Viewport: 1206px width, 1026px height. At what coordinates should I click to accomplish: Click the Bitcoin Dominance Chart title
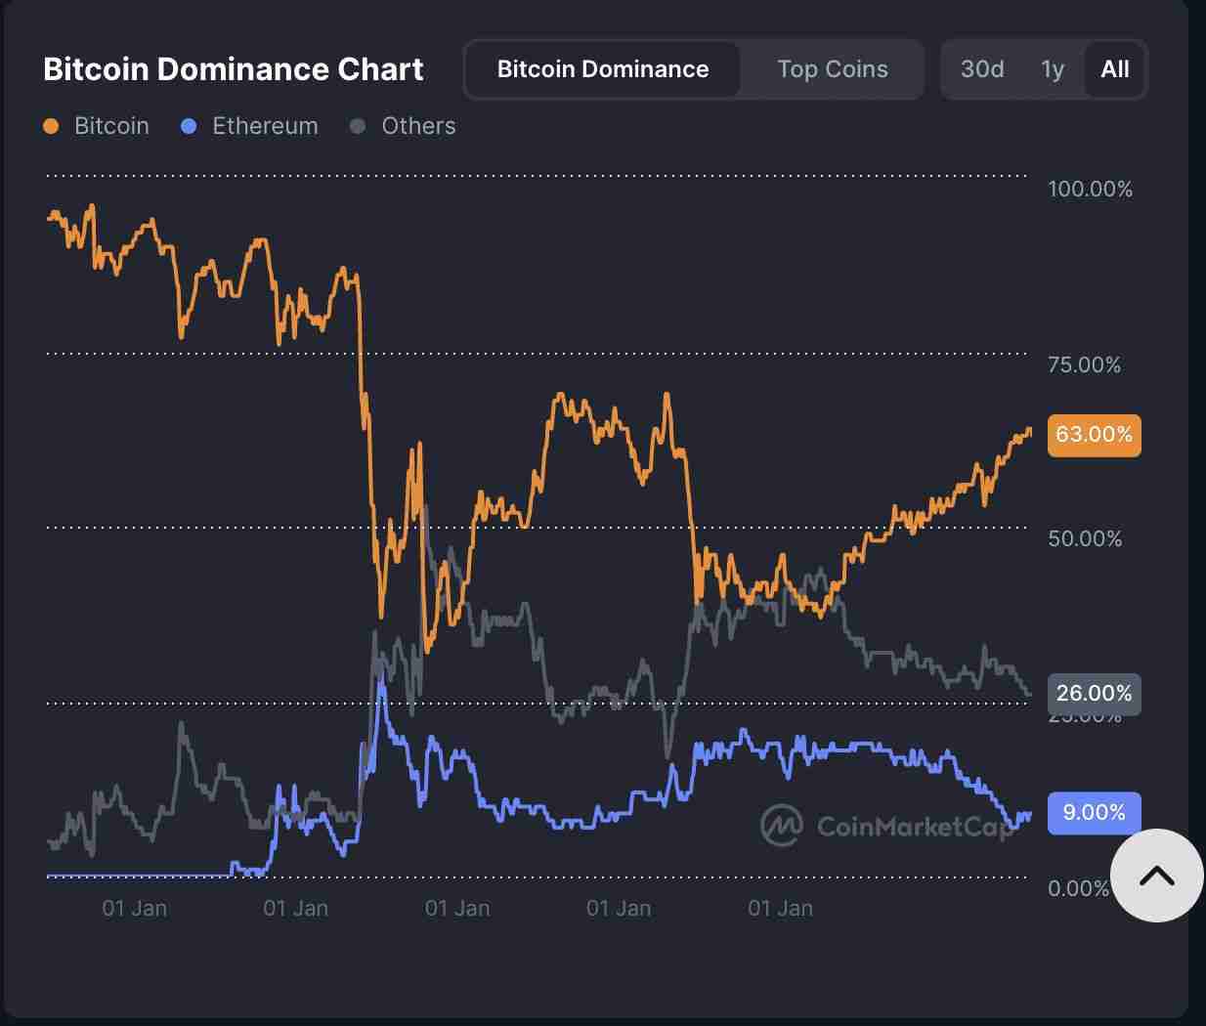pos(233,69)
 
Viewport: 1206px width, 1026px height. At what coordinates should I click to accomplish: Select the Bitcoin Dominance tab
pos(602,69)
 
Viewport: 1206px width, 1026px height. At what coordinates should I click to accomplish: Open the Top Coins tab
pos(832,69)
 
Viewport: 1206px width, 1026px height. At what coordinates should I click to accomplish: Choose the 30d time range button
pos(981,69)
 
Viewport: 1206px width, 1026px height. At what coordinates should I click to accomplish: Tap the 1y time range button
pos(1052,69)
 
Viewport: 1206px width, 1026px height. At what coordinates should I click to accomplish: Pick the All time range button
pos(1114,69)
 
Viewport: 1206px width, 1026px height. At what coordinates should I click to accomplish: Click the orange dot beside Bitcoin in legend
pos(52,126)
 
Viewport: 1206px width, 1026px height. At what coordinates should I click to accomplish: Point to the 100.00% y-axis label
pos(1090,189)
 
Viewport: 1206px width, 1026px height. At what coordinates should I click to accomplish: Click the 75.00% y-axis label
pos(1084,364)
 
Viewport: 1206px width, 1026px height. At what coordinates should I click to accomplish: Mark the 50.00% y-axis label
pos(1084,538)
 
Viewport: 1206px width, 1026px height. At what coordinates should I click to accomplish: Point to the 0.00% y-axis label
pos(1078,888)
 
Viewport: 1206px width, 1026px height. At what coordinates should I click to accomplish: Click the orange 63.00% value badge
pos(1094,434)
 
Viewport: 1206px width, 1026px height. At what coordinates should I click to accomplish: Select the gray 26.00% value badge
pos(1094,694)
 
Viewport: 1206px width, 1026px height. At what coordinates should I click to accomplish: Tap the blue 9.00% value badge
pos(1094,812)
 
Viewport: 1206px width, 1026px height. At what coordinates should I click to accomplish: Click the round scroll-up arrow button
pos(1156,876)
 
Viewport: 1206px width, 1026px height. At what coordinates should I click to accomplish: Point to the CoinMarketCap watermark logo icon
pos(781,826)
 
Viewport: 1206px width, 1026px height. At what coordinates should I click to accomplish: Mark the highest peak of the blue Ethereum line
pos(382,679)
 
